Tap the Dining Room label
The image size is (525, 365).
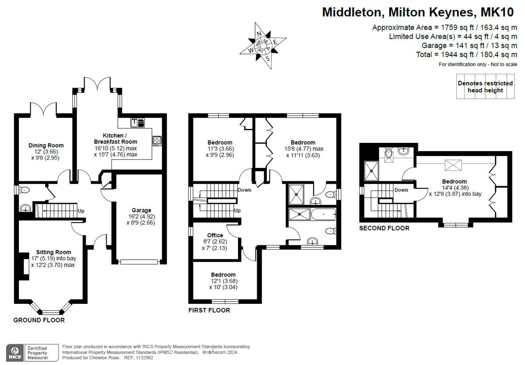pyautogui.click(x=46, y=146)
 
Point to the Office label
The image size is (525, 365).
pyautogui.click(x=215, y=236)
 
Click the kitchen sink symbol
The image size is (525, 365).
pyautogui.click(x=137, y=122)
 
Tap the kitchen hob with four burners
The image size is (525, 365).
pyautogui.click(x=157, y=141)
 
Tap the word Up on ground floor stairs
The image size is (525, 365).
pyautogui.click(x=81, y=211)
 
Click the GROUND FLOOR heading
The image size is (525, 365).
pyautogui.click(x=39, y=320)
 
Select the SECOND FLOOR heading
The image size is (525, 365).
pyautogui.click(x=384, y=228)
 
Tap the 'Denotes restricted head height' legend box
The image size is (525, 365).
pyautogui.click(x=485, y=87)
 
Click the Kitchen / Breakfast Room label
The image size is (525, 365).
pyautogui.click(x=115, y=139)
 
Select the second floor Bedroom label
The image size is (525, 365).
pyautogui.click(x=454, y=181)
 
